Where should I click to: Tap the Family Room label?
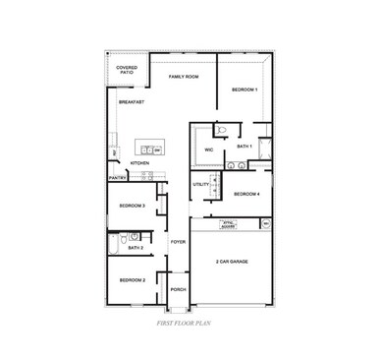coord(183,77)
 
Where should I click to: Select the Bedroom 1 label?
coord(245,90)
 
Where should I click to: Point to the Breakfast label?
coord(132,102)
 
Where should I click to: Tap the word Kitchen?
coord(140,163)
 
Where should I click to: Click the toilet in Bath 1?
coord(222,131)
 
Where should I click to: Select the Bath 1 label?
coord(245,147)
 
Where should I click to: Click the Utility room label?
coord(200,184)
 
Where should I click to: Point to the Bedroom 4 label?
coord(246,195)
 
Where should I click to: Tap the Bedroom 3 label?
coord(132,206)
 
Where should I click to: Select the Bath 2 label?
coord(136,248)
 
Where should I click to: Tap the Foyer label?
coord(178,241)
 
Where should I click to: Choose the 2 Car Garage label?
coord(233,262)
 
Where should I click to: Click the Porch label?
coord(178,289)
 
